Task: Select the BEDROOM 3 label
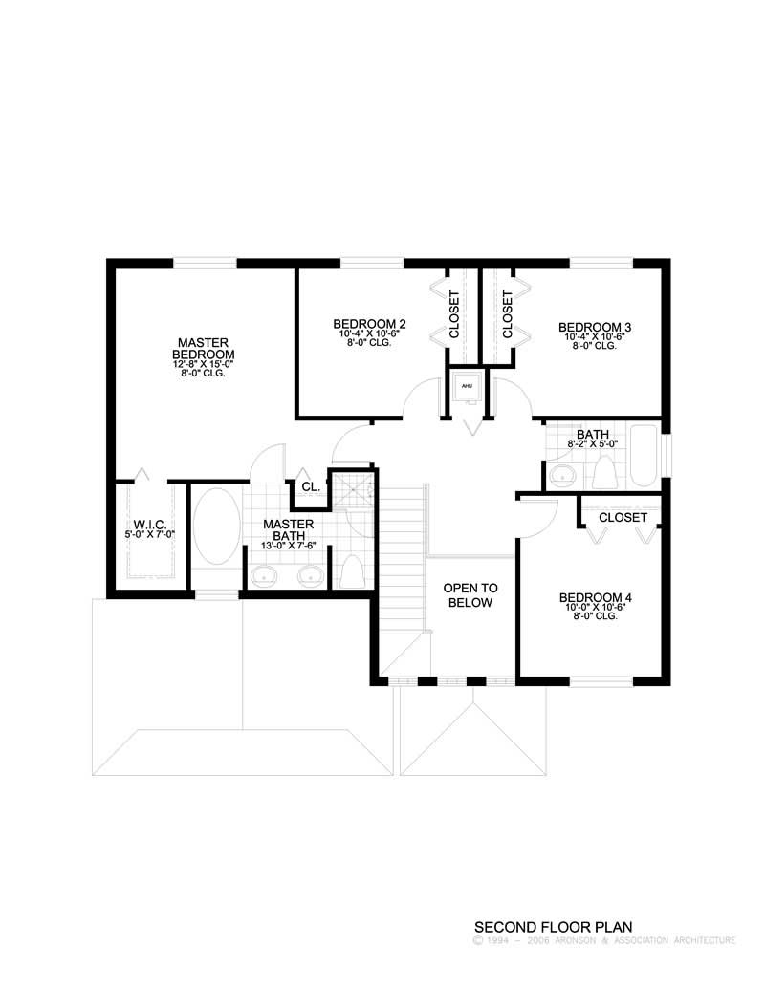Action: (595, 327)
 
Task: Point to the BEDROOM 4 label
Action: (596, 598)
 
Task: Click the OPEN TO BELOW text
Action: (468, 595)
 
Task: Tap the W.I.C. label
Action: (151, 524)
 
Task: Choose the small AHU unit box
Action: (468, 386)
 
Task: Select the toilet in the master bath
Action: (350, 571)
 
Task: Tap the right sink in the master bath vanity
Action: (308, 575)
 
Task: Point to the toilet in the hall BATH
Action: (604, 473)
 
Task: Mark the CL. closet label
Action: (310, 486)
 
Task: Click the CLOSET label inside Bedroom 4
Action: (623, 517)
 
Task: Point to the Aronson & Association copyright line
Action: (603, 940)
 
